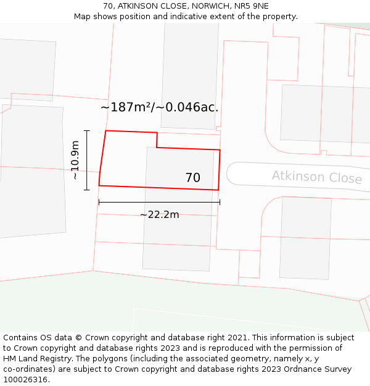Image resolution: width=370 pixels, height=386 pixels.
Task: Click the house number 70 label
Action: [192, 178]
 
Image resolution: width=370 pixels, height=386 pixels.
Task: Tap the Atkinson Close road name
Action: [316, 177]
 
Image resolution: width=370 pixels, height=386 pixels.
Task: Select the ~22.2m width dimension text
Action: [159, 214]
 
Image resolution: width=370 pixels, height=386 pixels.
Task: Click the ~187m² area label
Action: [159, 107]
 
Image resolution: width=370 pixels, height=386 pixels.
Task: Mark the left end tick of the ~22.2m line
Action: [99, 202]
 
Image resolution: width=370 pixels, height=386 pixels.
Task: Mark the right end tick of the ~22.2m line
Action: [220, 202]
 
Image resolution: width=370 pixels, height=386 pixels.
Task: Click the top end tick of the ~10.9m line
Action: [87, 131]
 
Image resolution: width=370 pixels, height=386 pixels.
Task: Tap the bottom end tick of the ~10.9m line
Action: [87, 190]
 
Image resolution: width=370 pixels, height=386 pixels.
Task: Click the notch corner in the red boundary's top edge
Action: [157, 147]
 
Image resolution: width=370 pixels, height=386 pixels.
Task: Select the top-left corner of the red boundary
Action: [106, 131]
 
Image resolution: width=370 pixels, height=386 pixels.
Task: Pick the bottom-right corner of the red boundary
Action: [218, 190]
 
